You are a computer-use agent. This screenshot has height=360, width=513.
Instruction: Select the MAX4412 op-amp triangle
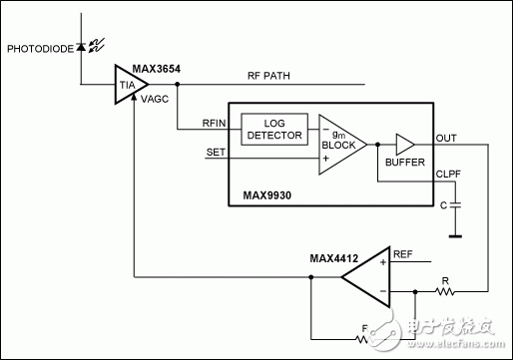(365, 276)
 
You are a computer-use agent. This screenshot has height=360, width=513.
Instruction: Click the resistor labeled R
(442, 293)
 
